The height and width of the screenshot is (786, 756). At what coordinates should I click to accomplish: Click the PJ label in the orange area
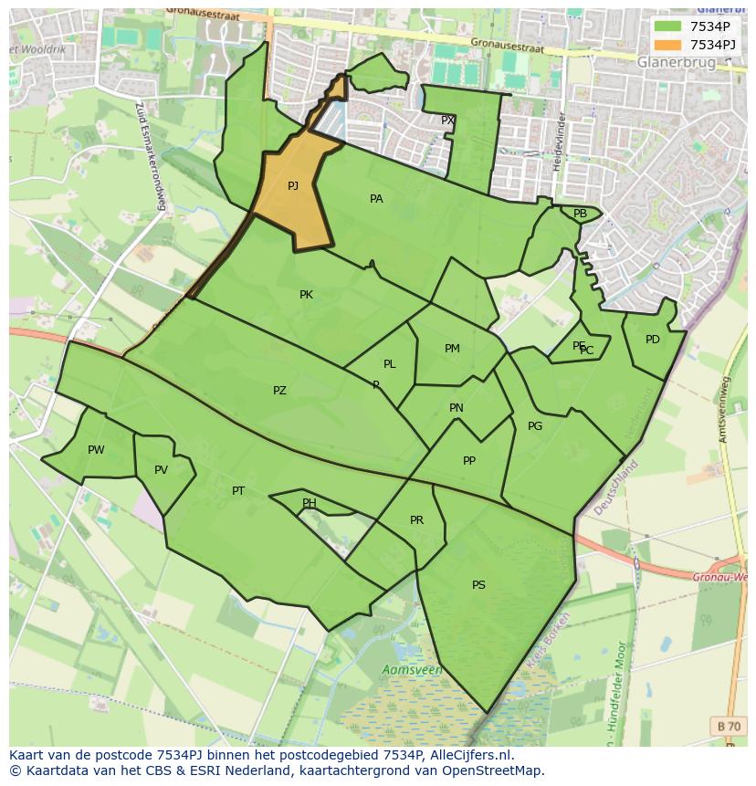(x=293, y=186)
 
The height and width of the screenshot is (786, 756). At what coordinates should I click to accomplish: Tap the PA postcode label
(x=376, y=199)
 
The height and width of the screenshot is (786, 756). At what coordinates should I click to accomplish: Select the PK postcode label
(x=306, y=295)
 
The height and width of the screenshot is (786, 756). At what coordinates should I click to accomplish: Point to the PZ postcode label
(x=279, y=391)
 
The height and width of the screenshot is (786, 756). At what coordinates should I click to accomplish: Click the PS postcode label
(x=478, y=585)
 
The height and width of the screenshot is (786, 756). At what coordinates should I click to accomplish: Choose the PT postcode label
(x=238, y=491)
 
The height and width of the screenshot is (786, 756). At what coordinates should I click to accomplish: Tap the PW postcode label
(x=96, y=450)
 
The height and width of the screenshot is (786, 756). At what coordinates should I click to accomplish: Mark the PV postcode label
(x=161, y=471)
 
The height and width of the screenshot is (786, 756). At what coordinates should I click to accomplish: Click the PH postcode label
(x=310, y=503)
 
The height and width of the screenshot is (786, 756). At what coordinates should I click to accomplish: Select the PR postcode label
(x=416, y=520)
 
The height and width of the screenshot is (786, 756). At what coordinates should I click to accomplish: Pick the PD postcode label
(x=652, y=340)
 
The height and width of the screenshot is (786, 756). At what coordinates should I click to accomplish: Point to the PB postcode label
(x=580, y=214)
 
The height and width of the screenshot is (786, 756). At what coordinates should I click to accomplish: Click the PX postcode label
(x=447, y=121)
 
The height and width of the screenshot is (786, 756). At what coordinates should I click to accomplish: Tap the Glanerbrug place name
(x=677, y=62)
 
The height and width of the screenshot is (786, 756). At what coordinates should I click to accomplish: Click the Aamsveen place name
(x=413, y=670)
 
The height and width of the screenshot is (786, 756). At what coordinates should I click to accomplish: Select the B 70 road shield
(x=729, y=726)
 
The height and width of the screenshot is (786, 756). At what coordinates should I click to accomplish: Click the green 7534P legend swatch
(x=667, y=26)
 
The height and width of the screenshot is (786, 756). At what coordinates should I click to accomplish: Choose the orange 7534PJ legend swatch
(x=667, y=45)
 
